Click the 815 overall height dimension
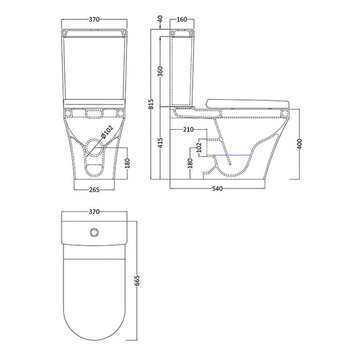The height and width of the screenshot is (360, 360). click(x=153, y=105)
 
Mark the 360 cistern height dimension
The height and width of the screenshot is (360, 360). click(x=162, y=72)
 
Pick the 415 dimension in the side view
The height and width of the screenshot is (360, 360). click(x=162, y=144)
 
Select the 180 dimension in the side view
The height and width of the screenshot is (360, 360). click(x=190, y=163)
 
